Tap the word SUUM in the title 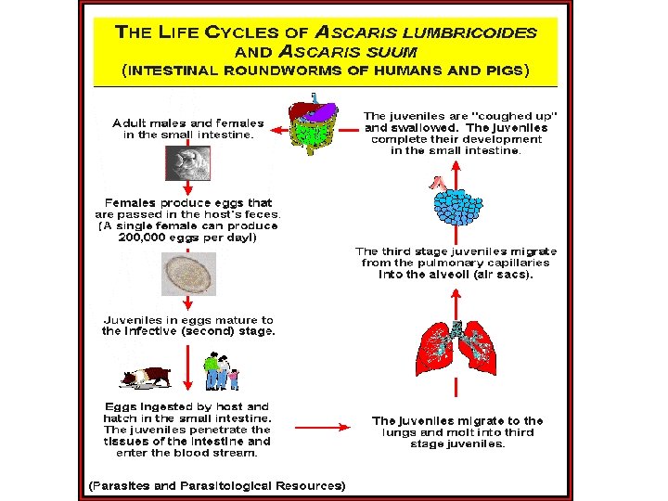coord(392,52)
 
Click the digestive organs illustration coord(314,123)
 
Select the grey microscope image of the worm coord(187,163)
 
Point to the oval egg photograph coord(188,274)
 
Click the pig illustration coord(146,378)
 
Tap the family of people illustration coord(221,371)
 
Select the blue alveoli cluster coord(457,206)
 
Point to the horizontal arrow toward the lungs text coord(323,427)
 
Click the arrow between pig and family coord(187,367)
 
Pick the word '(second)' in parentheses coord(208,331)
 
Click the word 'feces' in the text coord(261,214)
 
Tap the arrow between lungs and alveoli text coord(456,304)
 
